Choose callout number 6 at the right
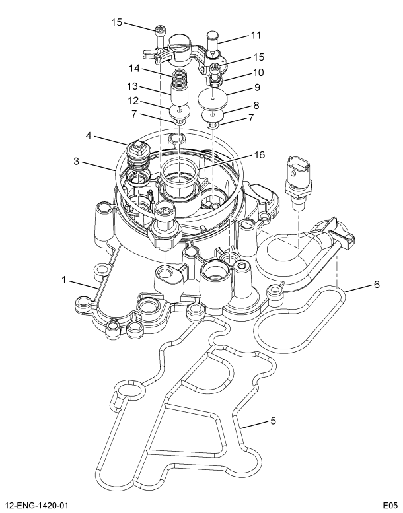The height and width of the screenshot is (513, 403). coord(376,285)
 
